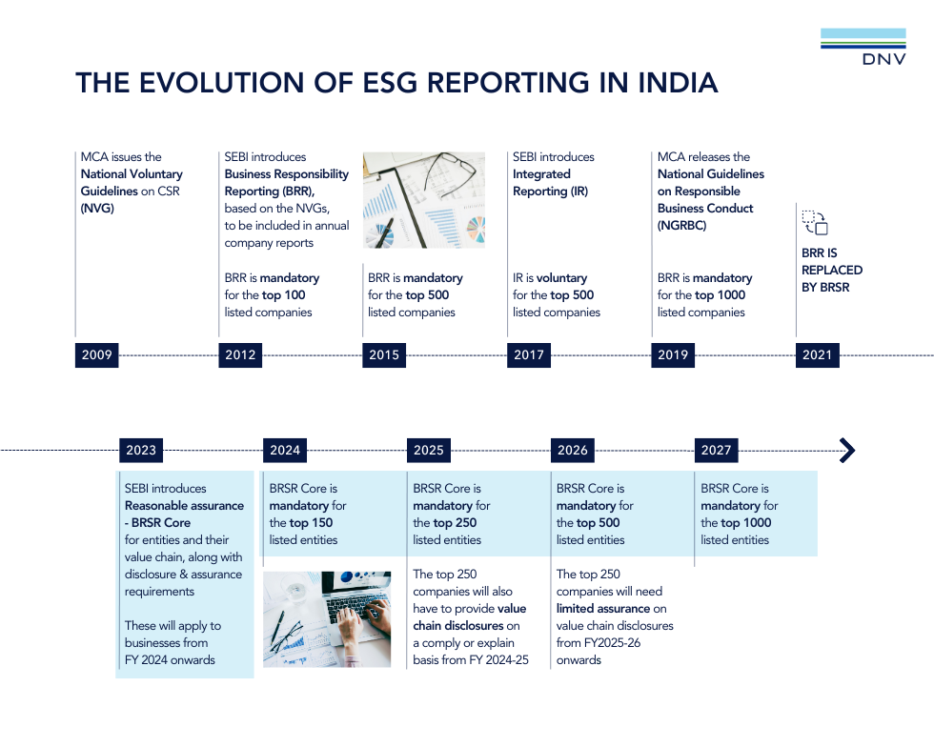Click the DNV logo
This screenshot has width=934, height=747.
(863, 47)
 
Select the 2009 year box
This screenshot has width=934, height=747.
(96, 355)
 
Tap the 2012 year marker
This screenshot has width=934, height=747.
(240, 355)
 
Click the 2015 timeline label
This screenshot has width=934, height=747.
(383, 355)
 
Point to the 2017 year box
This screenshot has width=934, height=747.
(529, 355)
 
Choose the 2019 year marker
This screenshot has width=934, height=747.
(673, 355)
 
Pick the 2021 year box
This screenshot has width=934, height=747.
(818, 355)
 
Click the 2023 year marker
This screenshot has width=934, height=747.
(141, 451)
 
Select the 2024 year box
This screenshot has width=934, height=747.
(285, 451)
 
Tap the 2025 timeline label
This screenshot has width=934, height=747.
(428, 451)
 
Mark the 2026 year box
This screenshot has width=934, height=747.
(573, 451)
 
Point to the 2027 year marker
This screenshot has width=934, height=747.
(716, 451)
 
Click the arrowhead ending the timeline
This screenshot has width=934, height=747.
(848, 451)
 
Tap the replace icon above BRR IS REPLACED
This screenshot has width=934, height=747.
(815, 223)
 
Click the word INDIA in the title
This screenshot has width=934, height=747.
(678, 83)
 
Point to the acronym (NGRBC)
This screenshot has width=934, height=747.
(682, 226)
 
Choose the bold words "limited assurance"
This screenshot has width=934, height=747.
(602, 609)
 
